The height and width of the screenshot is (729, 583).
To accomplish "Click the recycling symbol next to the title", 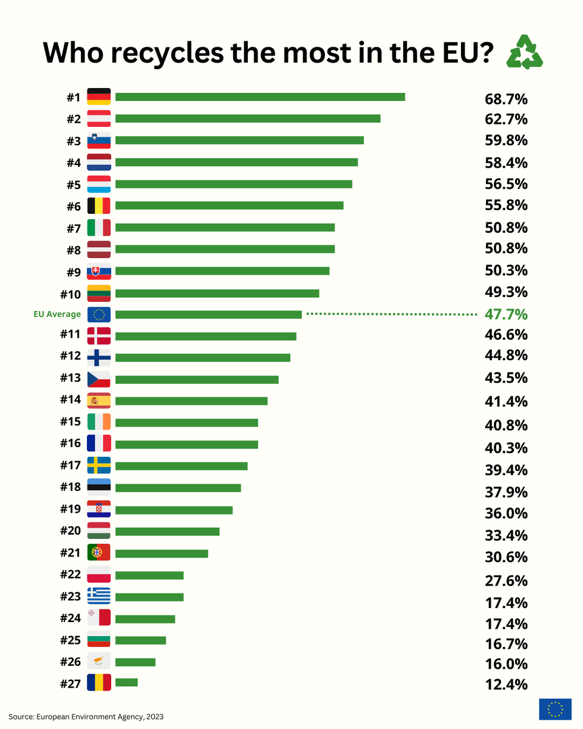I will (x=525, y=52).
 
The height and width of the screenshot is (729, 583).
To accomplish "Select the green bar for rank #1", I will (x=259, y=97).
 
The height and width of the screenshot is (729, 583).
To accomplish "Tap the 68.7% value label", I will (x=506, y=98).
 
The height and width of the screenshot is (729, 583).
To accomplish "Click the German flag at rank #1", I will (x=99, y=97).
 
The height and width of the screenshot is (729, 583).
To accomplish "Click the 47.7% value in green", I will (x=506, y=314).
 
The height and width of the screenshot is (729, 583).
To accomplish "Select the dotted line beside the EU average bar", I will (x=391, y=314).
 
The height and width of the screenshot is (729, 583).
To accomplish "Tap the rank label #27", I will (x=70, y=683).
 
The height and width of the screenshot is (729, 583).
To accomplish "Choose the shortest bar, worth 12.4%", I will (x=126, y=682).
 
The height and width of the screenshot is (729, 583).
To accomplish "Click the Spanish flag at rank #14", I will (x=99, y=400).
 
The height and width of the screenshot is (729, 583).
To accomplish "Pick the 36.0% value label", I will (x=506, y=513).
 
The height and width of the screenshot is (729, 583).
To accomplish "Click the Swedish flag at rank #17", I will (x=99, y=465).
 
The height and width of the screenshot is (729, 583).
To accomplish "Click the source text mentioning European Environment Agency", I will (x=86, y=717).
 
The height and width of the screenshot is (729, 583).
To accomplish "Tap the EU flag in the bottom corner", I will (x=555, y=709).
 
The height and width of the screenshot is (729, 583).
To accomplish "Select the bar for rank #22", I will (x=149, y=575).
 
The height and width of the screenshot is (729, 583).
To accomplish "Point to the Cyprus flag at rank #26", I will (x=99, y=661).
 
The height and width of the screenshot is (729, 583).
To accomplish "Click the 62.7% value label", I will (x=506, y=119).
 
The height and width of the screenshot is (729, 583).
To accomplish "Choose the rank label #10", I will (x=70, y=295).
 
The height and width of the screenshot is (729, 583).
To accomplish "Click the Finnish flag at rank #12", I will (x=99, y=357).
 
